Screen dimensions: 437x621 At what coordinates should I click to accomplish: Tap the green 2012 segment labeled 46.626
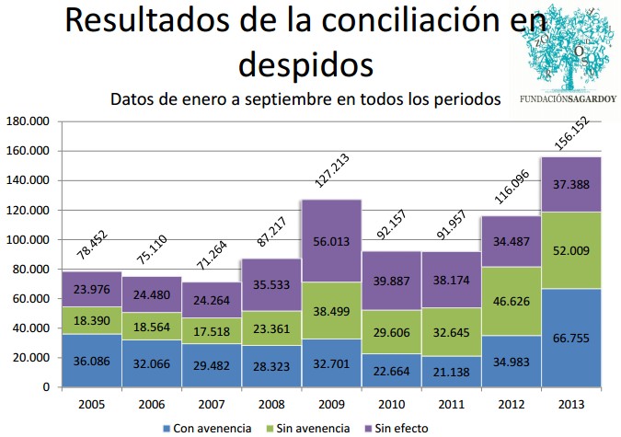click(x=511, y=301)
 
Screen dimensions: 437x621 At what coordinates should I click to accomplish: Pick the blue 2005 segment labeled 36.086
click(x=93, y=360)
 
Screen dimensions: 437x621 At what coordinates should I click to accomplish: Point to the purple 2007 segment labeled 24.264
click(x=213, y=300)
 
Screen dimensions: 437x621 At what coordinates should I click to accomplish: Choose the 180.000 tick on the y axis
click(x=27, y=121)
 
